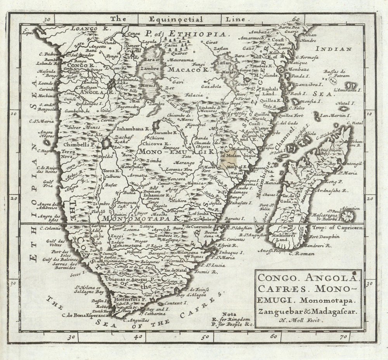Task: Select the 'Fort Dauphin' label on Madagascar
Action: click(324, 236)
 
